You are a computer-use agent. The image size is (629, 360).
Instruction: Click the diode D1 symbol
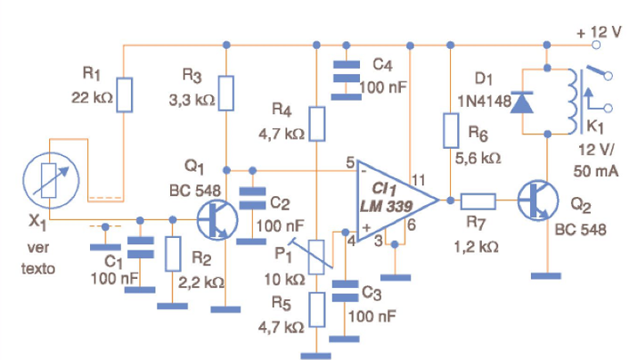(x=523, y=102)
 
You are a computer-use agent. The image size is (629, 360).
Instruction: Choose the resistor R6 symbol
(x=452, y=130)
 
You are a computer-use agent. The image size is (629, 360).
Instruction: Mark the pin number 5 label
(x=351, y=161)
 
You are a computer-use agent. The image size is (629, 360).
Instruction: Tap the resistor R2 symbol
(x=174, y=253)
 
